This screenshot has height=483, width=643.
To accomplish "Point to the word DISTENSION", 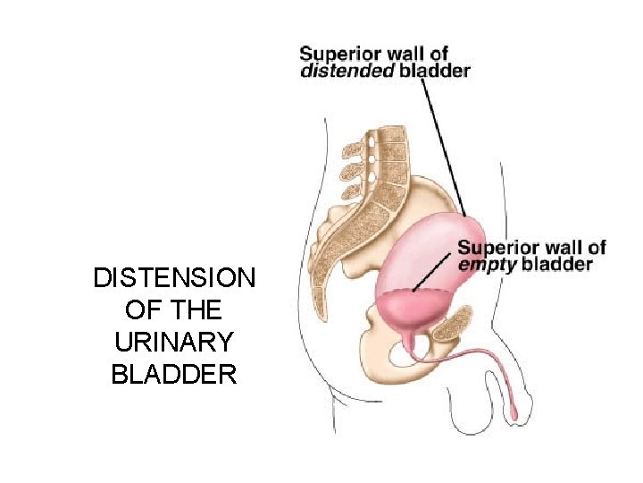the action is [x=174, y=278].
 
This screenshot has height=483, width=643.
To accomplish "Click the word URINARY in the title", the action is [x=174, y=343].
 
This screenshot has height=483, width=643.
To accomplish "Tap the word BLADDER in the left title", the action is [x=174, y=375].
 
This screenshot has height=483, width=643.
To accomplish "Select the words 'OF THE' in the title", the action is [x=174, y=310].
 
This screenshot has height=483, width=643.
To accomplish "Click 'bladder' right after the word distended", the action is [x=433, y=72].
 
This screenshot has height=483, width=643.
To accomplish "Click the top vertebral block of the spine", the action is [x=394, y=135].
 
